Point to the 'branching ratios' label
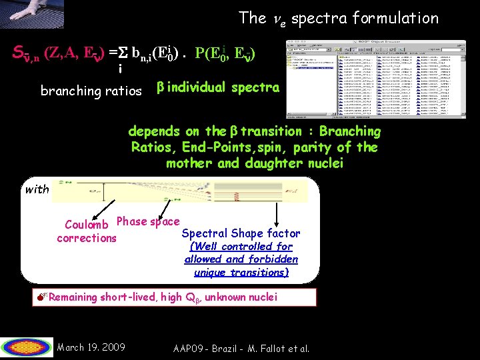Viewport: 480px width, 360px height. [x=91, y=91]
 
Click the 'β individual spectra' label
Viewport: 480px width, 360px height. [x=217, y=87]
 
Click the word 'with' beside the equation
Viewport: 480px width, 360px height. [x=37, y=189]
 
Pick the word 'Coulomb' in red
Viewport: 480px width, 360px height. [x=89, y=225]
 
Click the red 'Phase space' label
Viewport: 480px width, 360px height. [x=148, y=221]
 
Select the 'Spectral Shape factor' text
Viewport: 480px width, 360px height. [x=241, y=233]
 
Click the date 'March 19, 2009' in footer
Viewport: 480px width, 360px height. [x=91, y=347]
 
